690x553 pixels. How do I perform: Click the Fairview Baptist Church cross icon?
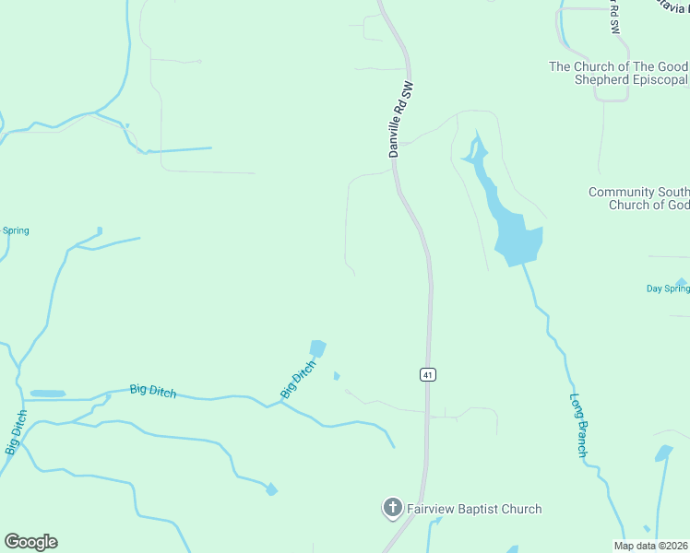coord(392,507)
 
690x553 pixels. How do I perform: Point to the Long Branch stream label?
coord(578,426)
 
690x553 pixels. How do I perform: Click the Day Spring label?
coord(667,288)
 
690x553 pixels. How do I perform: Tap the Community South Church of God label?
coord(639,198)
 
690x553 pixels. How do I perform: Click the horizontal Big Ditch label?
coord(152,390)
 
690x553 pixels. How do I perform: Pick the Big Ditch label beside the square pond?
coord(298,379)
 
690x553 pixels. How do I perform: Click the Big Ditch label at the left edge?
coord(16,432)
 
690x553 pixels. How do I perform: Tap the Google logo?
coord(30,542)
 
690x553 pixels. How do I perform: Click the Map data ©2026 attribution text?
coord(651,546)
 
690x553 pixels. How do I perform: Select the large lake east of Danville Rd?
coord(515,235)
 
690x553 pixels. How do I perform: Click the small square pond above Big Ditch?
coord(317,348)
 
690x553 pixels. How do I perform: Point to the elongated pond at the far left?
coord(48,394)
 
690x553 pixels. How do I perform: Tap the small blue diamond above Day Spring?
coord(681,281)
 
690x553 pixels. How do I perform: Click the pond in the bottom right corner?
coord(663,453)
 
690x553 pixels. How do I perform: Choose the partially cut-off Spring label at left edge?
coord(15,230)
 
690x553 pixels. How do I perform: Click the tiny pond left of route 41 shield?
coord(337,375)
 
